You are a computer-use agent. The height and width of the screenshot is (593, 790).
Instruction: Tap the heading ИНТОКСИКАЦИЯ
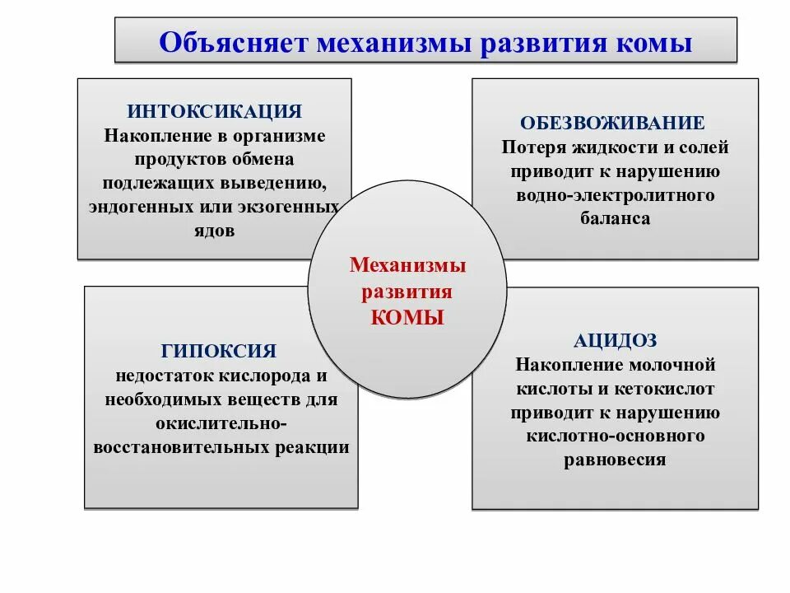pos(215,111)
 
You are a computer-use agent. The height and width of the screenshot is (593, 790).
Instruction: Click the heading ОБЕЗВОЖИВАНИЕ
pos(612,124)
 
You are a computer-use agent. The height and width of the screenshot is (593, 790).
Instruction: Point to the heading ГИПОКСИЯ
pos(219,351)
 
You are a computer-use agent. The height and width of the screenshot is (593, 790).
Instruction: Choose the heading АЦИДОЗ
pos(615,339)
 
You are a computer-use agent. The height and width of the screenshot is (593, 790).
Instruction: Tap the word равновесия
pos(615,460)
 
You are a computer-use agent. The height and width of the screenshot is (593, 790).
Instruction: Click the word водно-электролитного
pos(616,196)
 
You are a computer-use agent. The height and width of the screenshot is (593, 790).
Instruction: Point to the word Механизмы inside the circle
pos(407,266)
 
